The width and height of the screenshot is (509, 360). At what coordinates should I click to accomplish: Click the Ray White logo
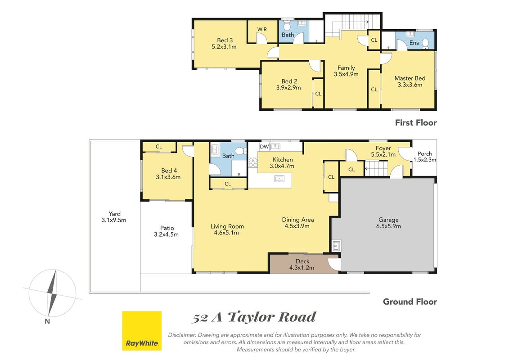(x=142, y=331)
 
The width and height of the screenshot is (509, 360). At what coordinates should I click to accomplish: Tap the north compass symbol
(x=52, y=293)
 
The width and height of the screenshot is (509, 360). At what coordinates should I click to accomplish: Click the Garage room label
(x=388, y=220)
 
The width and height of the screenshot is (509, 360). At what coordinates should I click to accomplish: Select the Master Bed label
(x=410, y=78)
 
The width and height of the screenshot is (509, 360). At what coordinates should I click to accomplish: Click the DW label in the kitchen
(x=264, y=147)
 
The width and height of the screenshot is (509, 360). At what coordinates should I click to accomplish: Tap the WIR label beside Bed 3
(x=262, y=29)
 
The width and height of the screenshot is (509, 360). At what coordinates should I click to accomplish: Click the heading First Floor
(x=416, y=123)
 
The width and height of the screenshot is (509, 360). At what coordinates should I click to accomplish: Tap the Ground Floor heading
(x=410, y=301)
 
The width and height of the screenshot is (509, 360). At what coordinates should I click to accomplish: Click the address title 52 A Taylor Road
(x=254, y=317)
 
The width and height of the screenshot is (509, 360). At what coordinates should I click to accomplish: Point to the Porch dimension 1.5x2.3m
(x=424, y=160)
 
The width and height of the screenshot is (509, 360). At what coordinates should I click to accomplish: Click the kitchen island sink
(x=279, y=179)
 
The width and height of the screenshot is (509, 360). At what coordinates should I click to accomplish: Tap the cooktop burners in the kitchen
(x=253, y=162)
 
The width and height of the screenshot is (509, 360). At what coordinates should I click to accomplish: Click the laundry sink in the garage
(x=336, y=245)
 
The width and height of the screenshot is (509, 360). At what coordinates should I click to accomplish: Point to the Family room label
(x=346, y=68)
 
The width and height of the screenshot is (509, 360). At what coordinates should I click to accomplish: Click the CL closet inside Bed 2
(x=318, y=94)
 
